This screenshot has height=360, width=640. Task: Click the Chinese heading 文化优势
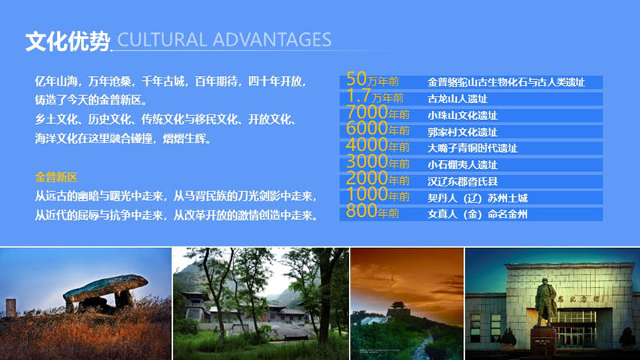point(67,42)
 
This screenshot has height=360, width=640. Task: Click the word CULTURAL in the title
point(162,40)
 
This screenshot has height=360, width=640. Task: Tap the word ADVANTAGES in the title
point(272,40)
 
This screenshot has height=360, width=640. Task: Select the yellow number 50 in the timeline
point(356,78)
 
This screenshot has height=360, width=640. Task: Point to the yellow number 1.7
point(358,95)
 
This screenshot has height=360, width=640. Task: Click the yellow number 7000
point(366,112)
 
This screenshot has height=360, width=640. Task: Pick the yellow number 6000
point(366,128)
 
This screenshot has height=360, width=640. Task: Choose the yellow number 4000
point(366,145)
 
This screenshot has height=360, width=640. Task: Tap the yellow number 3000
point(366,162)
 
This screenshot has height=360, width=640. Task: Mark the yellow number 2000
point(366,178)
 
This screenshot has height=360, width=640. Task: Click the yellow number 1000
point(366,194)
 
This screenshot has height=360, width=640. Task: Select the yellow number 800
point(362,211)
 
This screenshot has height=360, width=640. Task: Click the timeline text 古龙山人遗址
point(457,98)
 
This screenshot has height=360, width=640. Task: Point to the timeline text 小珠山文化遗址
point(462,115)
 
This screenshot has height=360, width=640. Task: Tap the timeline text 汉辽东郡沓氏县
point(462,182)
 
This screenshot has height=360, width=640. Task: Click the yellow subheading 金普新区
point(56,177)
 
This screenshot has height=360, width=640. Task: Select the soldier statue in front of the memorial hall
point(545,302)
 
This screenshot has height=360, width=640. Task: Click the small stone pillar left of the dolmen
point(11,308)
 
